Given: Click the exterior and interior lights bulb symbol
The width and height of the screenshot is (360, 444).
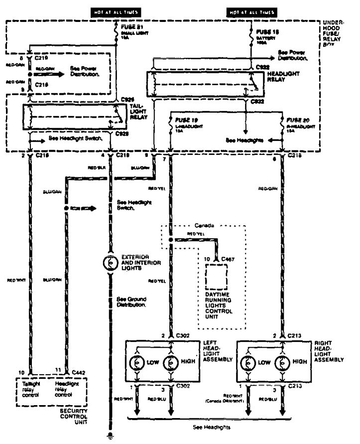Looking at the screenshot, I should click(x=110, y=260).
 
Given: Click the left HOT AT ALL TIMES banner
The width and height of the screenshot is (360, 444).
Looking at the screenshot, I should click(x=115, y=11).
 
